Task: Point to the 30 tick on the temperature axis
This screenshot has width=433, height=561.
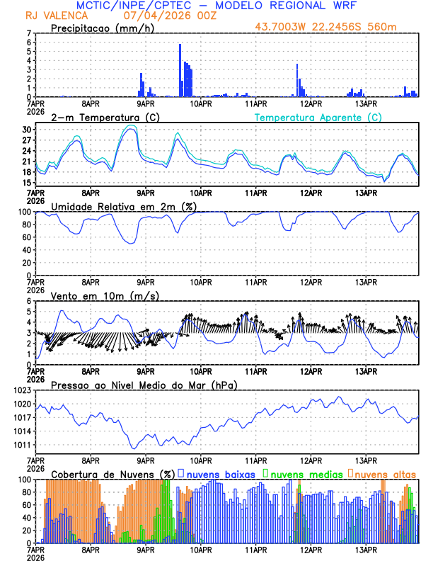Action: tap(27, 130)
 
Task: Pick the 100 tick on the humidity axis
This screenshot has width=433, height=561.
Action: tap(25, 212)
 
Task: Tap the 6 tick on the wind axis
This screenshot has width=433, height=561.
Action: tap(29, 302)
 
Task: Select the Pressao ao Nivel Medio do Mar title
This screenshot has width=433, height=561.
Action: tap(144, 385)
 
